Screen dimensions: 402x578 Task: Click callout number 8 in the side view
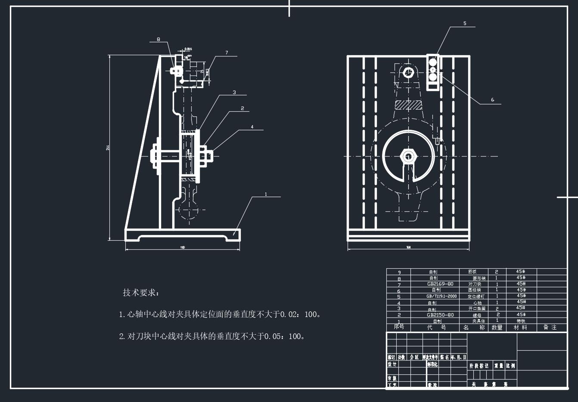pos(158,39)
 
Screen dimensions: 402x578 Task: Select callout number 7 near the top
pos(227,53)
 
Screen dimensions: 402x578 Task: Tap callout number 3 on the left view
pos(234,92)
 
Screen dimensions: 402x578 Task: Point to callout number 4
pos(252,127)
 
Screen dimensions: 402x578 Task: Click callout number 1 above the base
pos(266,194)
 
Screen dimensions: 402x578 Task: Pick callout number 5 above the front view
pos(465,23)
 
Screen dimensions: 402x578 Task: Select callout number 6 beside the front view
pos(493,100)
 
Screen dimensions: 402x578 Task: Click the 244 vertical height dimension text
pos(107,148)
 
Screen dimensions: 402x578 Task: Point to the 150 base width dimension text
pos(183,247)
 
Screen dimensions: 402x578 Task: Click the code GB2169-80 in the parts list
pos(440,284)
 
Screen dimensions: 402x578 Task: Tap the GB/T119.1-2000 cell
pos(441,296)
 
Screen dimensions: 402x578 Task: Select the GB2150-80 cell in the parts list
pos(440,315)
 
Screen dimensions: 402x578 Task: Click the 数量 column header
pos(497,327)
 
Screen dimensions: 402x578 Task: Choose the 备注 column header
pos(550,327)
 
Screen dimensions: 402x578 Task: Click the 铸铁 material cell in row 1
pos(521,321)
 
